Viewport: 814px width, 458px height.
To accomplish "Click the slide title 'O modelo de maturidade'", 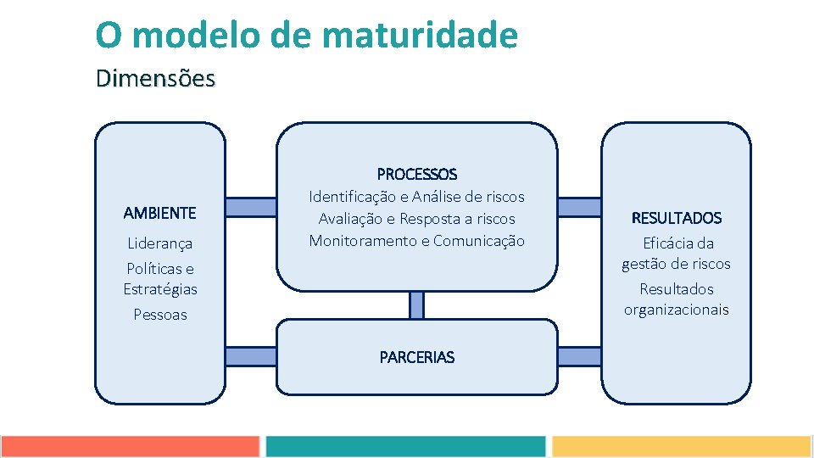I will pyautogui.click(x=306, y=35).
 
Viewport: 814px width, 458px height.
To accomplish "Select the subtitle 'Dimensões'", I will pyautogui.click(x=155, y=78).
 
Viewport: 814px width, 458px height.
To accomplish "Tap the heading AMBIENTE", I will pyautogui.click(x=159, y=213).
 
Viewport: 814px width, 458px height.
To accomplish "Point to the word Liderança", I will pyautogui.click(x=159, y=243).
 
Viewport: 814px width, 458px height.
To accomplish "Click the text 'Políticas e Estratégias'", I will pyautogui.click(x=159, y=279).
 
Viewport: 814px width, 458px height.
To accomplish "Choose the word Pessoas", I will pyautogui.click(x=159, y=315).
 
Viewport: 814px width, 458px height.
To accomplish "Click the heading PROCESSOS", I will pyautogui.click(x=416, y=174).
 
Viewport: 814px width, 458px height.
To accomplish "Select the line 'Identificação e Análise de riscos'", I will pyautogui.click(x=416, y=197).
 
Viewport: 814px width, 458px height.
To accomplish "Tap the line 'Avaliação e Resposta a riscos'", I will pyautogui.click(x=416, y=219).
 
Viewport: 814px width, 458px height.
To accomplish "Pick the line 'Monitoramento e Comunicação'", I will pyautogui.click(x=416, y=241).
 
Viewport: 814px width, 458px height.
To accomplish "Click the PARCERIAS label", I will pyautogui.click(x=416, y=357).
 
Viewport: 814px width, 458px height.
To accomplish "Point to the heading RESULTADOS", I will pyautogui.click(x=676, y=218).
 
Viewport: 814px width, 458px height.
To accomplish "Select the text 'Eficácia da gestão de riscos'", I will pyautogui.click(x=676, y=254).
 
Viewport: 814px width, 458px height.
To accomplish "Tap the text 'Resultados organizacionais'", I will pyautogui.click(x=676, y=299).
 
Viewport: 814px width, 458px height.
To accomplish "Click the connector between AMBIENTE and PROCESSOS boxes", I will pyautogui.click(x=251, y=207).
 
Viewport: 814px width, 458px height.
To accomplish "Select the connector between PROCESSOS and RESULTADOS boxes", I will pyautogui.click(x=579, y=207).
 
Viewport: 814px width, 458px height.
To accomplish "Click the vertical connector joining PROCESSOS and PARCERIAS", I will pyautogui.click(x=416, y=304).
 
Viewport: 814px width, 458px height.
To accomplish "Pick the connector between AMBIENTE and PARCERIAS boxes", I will pyautogui.click(x=251, y=356).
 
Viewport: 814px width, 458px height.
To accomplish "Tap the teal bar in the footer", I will pyautogui.click(x=405, y=447).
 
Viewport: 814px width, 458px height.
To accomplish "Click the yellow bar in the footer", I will pyautogui.click(x=681, y=447).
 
